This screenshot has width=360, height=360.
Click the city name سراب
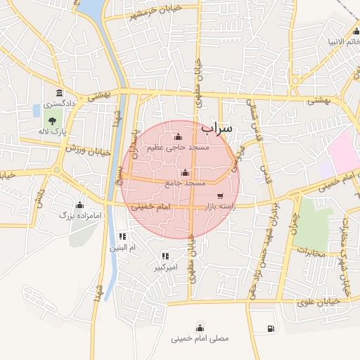[216, 129]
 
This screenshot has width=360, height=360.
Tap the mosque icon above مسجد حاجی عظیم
[177, 136]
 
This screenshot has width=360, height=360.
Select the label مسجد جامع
[185, 183]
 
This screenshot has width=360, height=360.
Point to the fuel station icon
[271, 328]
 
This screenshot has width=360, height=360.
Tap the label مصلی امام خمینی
[200, 339]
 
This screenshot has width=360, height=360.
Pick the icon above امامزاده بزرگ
[79, 205]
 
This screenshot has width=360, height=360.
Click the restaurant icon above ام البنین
[122, 237]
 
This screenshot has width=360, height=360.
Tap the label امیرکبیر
[166, 268]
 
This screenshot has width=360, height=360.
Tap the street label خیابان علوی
[322, 301]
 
